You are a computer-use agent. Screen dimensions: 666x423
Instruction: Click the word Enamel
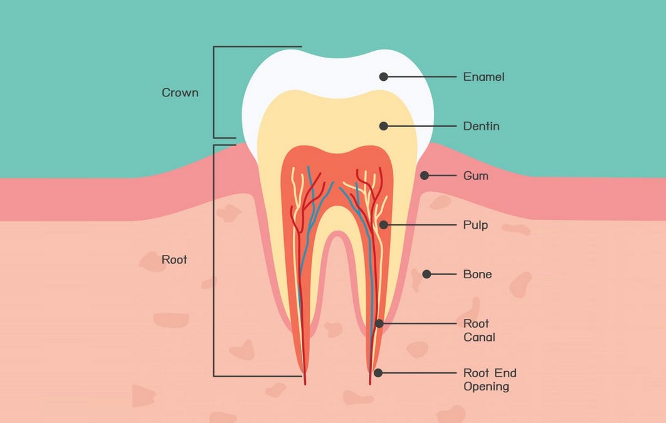coord(484,77)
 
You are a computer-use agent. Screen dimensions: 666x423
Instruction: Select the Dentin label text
coord(481,126)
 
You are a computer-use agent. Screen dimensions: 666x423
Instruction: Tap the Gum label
coord(475,176)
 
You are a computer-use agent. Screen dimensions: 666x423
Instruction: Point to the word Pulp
coord(475,224)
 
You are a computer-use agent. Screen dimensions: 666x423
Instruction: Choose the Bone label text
coord(477,274)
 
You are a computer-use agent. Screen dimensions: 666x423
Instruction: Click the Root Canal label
coord(479,330)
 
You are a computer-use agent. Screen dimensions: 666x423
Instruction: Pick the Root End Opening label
coord(490,380)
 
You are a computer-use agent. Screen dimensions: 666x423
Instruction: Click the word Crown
coord(180,93)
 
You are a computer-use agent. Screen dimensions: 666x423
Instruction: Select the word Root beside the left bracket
coord(174,259)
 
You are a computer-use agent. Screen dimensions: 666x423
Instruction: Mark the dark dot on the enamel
coord(384,76)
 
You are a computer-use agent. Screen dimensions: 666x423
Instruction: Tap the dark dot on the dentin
coord(384,126)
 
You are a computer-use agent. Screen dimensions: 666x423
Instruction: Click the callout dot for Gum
coord(425,175)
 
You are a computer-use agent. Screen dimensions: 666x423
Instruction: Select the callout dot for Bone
coord(426,274)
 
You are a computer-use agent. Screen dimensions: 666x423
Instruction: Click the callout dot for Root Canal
coord(379,323)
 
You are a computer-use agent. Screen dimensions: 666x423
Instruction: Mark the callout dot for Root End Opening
coord(378,372)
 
